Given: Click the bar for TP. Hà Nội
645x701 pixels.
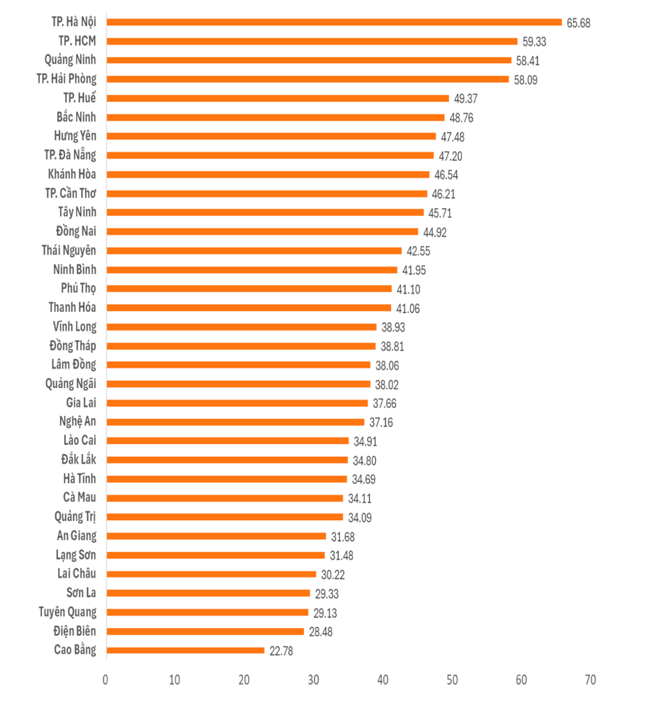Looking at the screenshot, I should click(x=334, y=22).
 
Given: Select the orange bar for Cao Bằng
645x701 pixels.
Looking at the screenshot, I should click(x=185, y=650).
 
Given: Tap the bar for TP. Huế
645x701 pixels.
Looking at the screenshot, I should click(x=277, y=98).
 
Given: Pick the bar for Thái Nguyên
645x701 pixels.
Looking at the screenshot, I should click(x=254, y=251).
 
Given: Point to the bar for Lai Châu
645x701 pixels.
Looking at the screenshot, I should click(x=211, y=574).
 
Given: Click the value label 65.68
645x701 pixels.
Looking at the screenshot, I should click(x=578, y=23).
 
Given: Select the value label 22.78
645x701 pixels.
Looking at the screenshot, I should click(x=281, y=651).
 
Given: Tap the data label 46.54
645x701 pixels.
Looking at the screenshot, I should click(x=446, y=175).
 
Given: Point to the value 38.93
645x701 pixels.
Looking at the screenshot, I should click(x=393, y=327).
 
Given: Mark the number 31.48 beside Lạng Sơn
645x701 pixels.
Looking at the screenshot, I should click(x=341, y=556).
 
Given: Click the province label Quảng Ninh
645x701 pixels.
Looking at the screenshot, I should click(x=70, y=60).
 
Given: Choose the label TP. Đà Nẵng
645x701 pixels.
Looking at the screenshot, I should click(x=70, y=155).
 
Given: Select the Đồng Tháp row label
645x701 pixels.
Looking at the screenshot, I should click(x=72, y=346).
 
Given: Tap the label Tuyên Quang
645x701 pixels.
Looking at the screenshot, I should click(x=67, y=612).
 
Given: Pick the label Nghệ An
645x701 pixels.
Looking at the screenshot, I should click(x=77, y=422).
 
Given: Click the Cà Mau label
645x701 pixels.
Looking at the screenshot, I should click(x=79, y=497).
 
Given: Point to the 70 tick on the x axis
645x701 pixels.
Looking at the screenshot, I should click(x=590, y=680).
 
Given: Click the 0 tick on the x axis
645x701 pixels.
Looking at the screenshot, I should click(x=105, y=680).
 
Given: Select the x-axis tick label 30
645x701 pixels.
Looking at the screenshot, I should click(x=313, y=680).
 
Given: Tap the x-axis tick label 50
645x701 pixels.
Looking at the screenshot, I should click(x=452, y=680).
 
